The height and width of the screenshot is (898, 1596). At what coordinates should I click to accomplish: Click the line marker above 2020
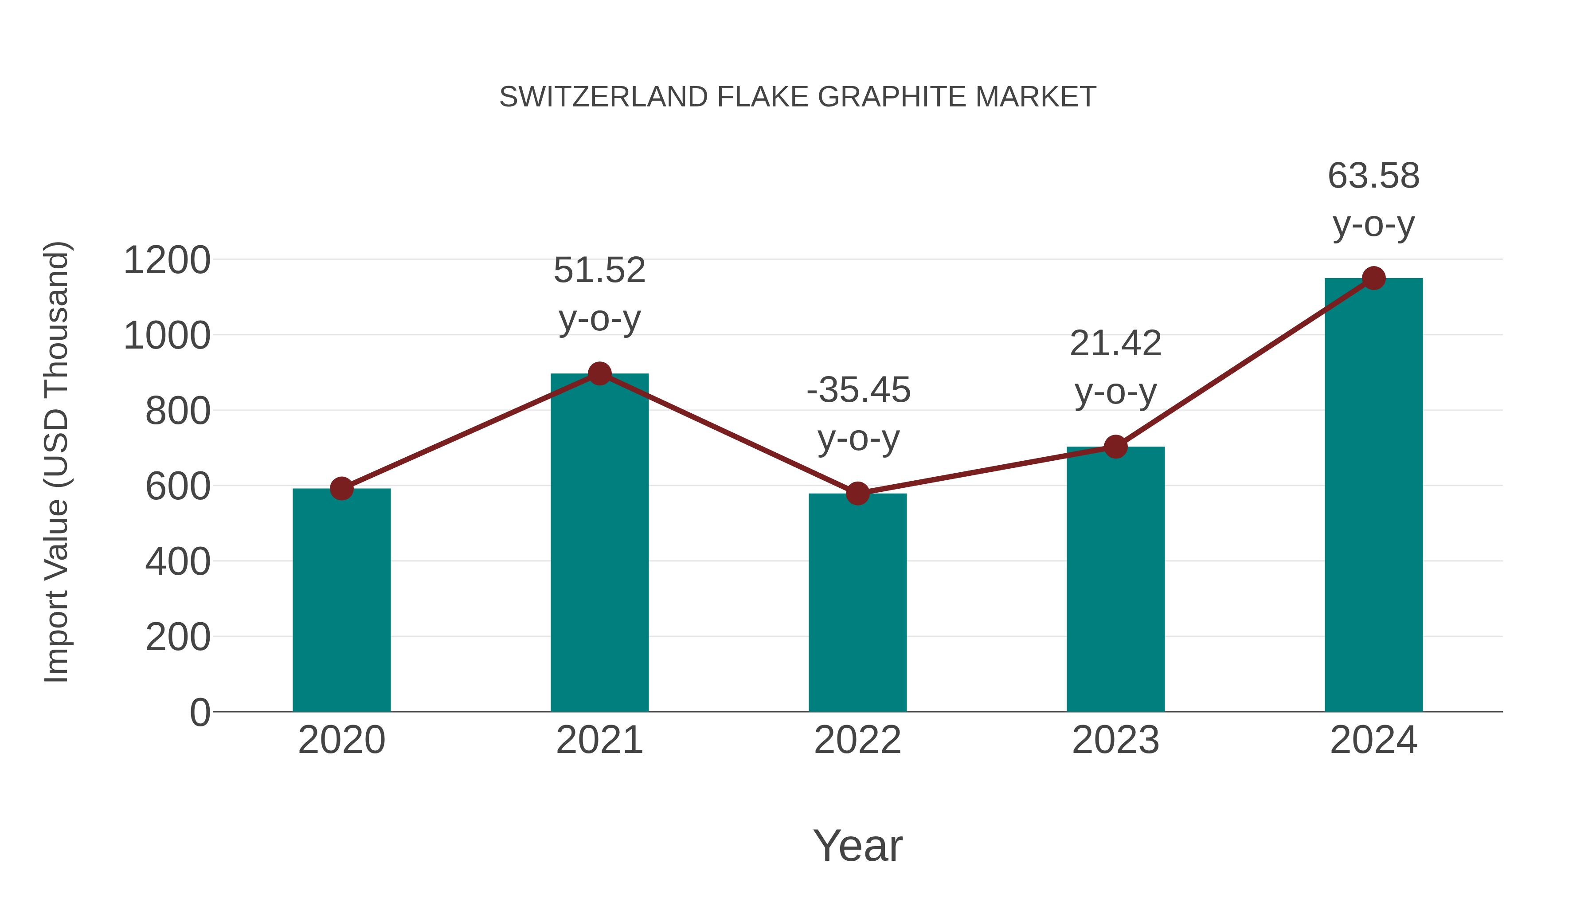tap(341, 488)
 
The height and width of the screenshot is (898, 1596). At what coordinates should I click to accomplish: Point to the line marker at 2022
tap(857, 493)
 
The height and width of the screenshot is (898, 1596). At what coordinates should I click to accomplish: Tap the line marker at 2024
tap(1373, 278)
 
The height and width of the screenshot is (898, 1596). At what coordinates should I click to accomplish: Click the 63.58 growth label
tap(1373, 176)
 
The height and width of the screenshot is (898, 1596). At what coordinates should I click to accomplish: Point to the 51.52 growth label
tap(599, 271)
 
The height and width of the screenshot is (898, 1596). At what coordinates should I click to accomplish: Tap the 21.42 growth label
tap(1115, 344)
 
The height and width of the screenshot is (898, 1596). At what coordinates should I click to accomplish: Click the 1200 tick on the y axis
tap(167, 260)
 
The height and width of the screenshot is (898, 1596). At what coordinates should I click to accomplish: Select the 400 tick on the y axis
tap(177, 562)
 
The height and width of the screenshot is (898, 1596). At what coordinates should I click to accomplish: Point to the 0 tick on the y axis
tap(199, 713)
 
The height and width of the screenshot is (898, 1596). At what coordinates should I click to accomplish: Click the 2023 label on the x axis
tap(1115, 740)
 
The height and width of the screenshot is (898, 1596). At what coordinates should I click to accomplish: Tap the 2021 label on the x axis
tap(599, 740)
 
